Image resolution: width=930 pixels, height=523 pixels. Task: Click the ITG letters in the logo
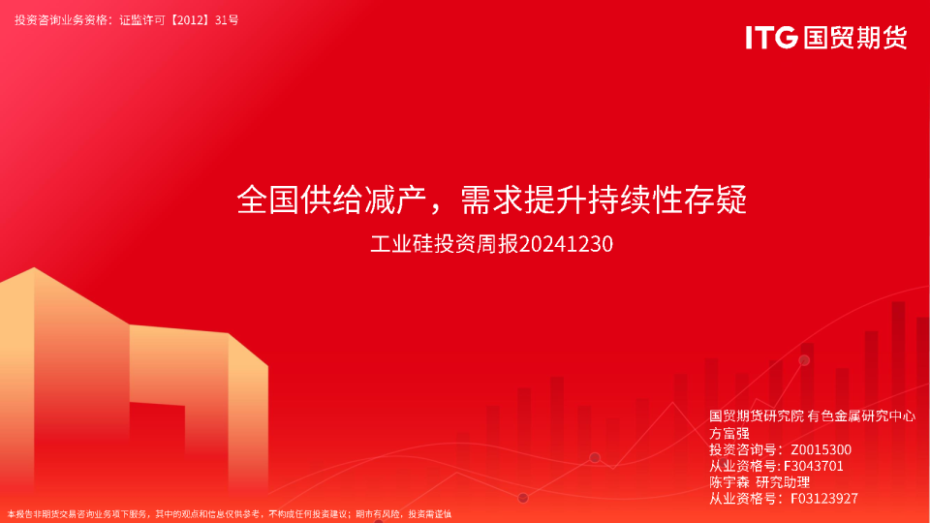coord(771,38)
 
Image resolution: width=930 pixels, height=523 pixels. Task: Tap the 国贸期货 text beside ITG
coord(855,38)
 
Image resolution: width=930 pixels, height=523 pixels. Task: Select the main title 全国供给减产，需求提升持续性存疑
coord(492,200)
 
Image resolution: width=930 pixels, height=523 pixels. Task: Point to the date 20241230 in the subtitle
coord(566,244)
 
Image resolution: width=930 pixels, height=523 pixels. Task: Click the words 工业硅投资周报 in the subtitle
coord(445,244)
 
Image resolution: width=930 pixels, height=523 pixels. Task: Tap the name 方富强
coord(728,434)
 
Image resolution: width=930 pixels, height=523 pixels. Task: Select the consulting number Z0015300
coord(821,449)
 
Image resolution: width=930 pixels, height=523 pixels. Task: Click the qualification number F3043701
coord(813,466)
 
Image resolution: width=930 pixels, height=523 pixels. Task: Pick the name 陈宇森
coord(728,482)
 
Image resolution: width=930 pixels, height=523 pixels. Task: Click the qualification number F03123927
coord(824,499)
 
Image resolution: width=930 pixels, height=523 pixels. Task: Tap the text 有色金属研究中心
coord(861,416)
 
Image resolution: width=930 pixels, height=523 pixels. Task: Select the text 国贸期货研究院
coord(757,416)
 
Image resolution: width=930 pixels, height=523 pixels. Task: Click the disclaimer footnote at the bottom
coord(229,514)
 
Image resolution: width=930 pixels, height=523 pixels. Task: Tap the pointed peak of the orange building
coord(35,268)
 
